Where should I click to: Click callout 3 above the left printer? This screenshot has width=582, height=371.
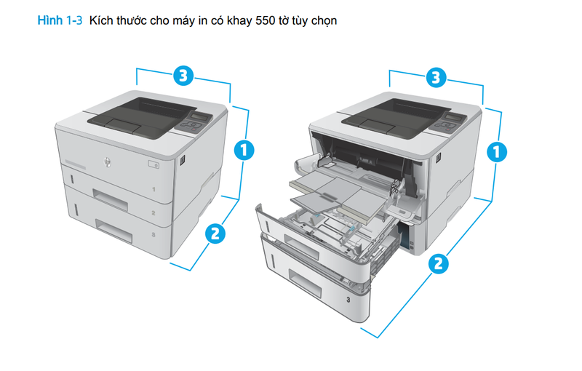click(x=183, y=74)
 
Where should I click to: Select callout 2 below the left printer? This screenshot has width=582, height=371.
click(x=214, y=234)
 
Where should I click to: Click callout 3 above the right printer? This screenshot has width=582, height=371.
click(x=435, y=76)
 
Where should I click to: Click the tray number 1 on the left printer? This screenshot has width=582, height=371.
click(x=154, y=190)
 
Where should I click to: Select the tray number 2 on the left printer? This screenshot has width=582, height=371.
click(x=154, y=214)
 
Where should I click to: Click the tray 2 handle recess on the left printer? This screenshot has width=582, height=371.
click(x=111, y=196)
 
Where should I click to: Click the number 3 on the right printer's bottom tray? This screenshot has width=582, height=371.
click(x=348, y=300)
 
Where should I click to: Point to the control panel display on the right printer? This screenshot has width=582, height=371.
click(x=455, y=117)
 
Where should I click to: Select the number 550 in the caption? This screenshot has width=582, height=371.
click(x=250, y=21)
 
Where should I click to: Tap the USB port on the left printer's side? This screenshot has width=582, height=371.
click(x=183, y=159)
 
